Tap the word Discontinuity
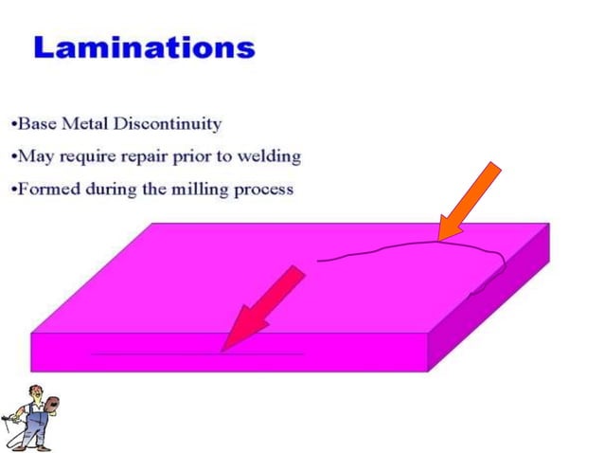[x=168, y=124]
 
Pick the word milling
[x=199, y=189]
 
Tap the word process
[x=266, y=190]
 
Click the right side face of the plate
[x=492, y=303]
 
